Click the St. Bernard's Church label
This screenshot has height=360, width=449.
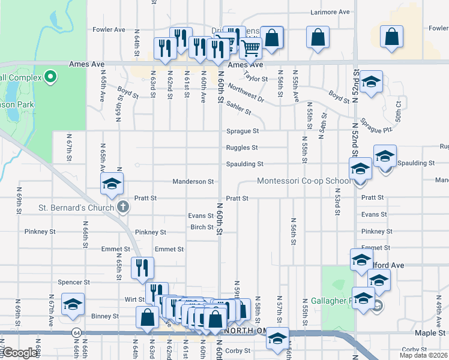click(76, 208)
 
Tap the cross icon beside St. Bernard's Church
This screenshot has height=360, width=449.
click(123, 208)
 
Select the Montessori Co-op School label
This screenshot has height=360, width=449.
click(304, 181)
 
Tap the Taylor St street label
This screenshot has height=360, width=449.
click(256, 77)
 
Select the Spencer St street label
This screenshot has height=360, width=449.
click(74, 282)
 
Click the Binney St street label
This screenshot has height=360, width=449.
click(105, 316)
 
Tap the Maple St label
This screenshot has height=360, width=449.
click(430, 332)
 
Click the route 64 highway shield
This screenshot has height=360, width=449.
click(76, 332)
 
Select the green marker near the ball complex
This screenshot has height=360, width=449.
click(50, 77)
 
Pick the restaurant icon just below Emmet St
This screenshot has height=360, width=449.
click(142, 267)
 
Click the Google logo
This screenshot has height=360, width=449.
click(20, 353)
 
